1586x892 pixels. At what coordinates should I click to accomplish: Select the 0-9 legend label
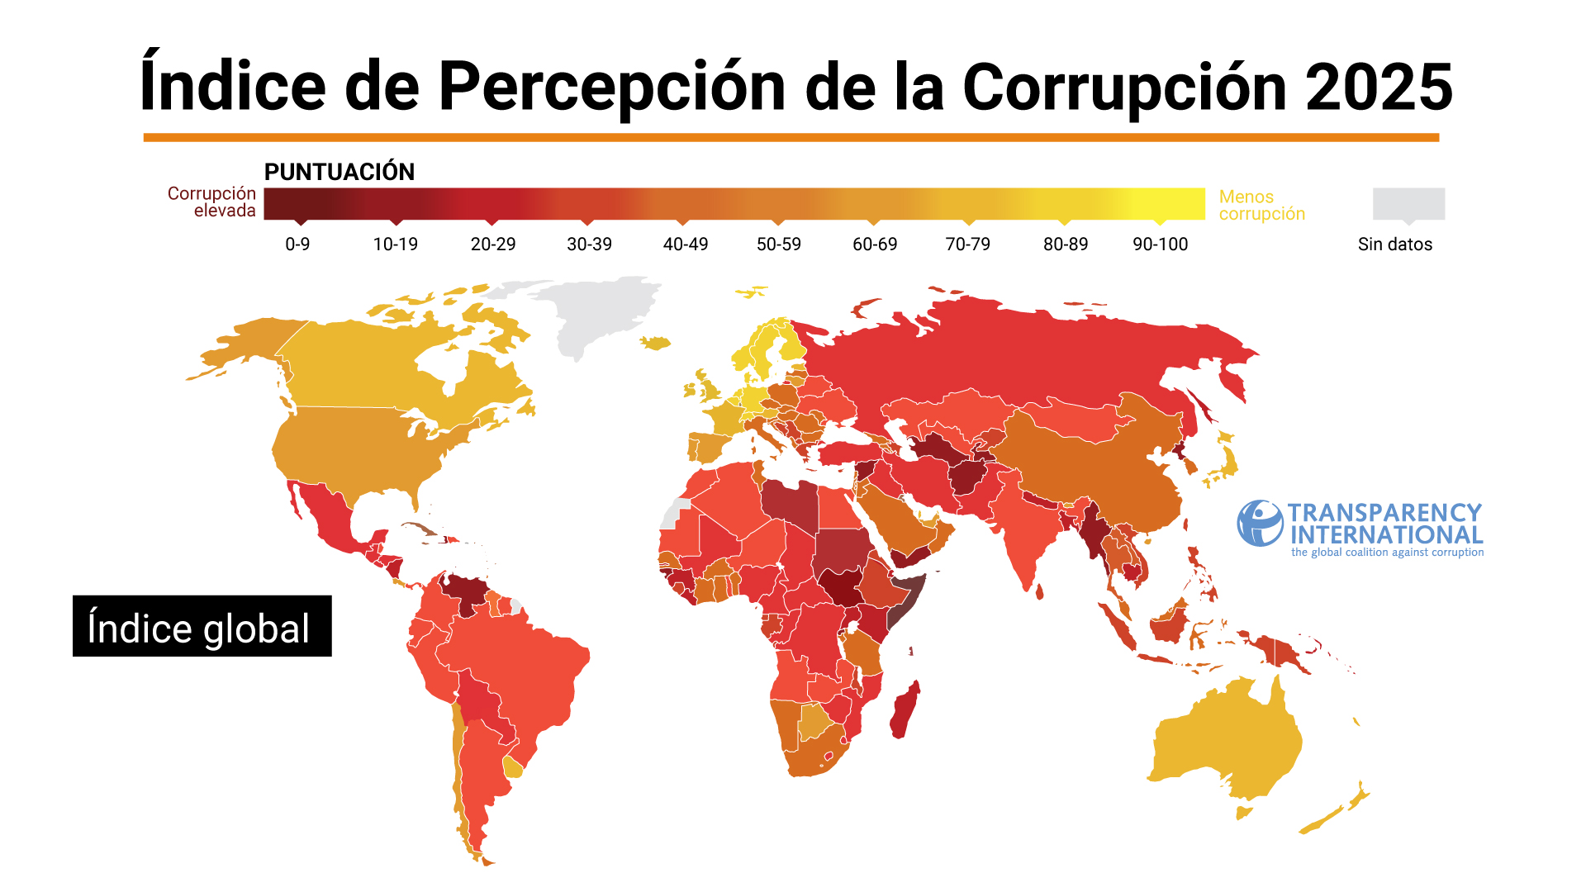297,244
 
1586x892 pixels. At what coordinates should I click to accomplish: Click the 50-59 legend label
779,244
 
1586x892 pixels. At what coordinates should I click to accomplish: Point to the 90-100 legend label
1160,244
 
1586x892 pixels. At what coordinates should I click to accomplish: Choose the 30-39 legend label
589,244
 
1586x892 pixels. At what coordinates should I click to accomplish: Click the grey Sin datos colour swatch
1408,203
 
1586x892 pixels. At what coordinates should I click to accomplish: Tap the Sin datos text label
1394,244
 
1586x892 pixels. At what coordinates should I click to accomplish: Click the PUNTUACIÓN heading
340,172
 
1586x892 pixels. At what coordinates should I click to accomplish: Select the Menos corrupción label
1261,205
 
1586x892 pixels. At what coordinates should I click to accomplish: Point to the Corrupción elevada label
212,202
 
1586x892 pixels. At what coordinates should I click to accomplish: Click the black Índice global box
202,626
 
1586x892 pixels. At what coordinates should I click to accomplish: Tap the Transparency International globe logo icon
1260,523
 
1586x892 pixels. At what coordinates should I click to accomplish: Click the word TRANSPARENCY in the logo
1384,513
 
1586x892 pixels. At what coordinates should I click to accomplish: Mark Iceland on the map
655,342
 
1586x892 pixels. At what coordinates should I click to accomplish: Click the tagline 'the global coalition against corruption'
1387,553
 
